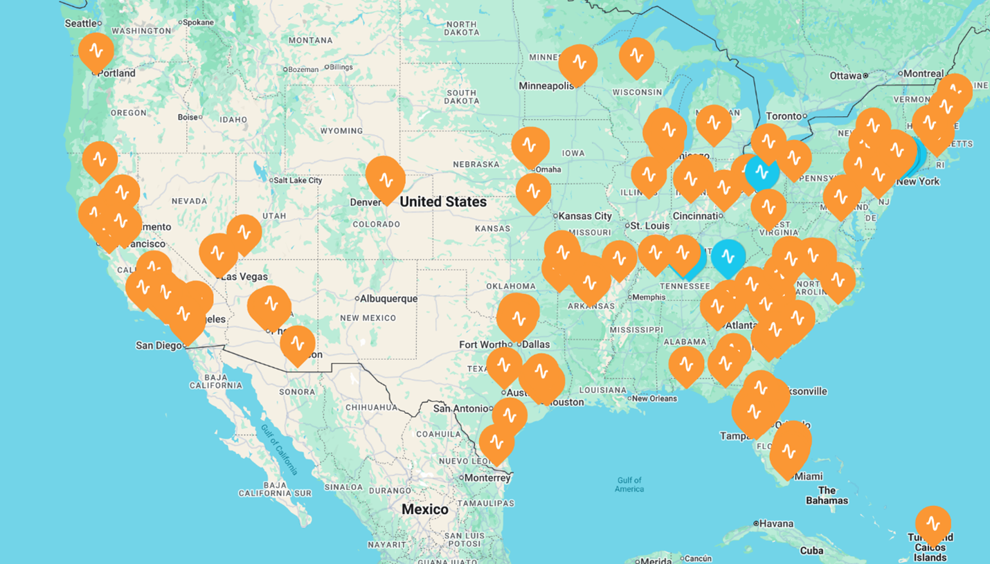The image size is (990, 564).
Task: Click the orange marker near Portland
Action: (96, 51)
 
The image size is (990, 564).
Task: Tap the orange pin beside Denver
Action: (386, 179)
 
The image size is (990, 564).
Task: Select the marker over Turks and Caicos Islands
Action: (933, 524)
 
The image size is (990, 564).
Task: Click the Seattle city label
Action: (81, 24)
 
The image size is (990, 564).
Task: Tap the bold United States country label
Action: (443, 202)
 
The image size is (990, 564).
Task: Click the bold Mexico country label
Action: (425, 509)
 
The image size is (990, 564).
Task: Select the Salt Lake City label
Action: (297, 181)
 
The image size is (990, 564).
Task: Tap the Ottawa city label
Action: (846, 75)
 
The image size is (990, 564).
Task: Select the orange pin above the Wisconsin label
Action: (636, 56)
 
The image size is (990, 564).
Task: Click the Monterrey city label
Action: (487, 478)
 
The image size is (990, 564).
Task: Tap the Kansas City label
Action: (586, 216)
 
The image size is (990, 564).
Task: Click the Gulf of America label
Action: (629, 484)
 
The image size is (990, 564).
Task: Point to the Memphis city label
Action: (649, 298)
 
